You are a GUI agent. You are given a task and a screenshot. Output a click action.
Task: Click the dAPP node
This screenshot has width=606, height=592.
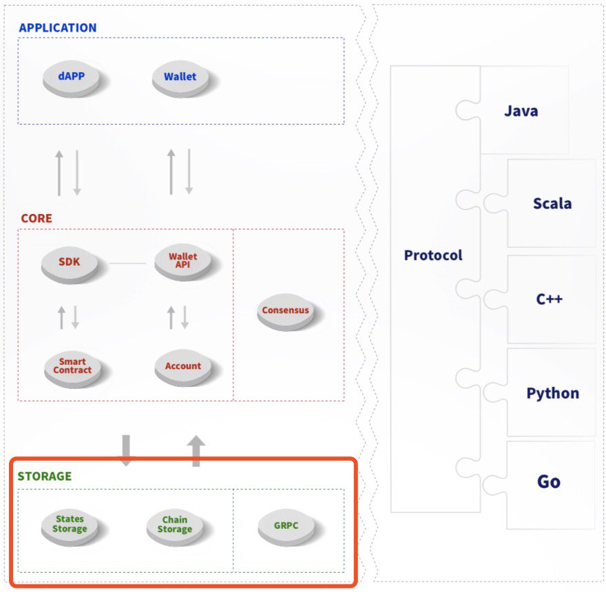point(72,76)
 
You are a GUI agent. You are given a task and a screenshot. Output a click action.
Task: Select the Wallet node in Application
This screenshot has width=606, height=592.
point(180,77)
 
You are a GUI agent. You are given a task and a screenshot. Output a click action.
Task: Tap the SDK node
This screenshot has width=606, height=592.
point(70,262)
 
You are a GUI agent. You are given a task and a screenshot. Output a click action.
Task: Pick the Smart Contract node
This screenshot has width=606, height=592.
point(72,366)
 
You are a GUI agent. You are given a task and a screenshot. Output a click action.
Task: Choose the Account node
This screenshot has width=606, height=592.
point(183,366)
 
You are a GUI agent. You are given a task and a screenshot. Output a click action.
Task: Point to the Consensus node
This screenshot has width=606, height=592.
point(285,310)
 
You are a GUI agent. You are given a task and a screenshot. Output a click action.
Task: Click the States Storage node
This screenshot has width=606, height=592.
point(70,525)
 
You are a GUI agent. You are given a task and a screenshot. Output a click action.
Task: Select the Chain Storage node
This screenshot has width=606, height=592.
point(174,525)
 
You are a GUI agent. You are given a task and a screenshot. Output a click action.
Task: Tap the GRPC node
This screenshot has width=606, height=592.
point(286,525)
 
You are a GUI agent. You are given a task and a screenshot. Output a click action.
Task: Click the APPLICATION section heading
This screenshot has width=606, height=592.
point(58,28)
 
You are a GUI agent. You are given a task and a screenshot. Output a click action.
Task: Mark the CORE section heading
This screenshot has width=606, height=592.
point(36,218)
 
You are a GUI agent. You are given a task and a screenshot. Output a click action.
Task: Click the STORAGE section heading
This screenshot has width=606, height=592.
point(45,476)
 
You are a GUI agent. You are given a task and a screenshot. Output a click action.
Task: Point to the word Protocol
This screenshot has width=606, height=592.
point(433,255)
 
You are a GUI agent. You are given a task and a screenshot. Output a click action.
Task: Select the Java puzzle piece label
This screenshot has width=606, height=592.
point(521,111)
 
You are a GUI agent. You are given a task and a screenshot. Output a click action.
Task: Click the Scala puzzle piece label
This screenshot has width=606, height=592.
point(552,204)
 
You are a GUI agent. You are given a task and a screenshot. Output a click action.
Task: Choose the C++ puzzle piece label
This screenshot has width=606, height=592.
point(550,299)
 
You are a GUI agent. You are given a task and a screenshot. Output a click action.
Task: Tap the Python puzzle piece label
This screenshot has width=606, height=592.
point(553,394)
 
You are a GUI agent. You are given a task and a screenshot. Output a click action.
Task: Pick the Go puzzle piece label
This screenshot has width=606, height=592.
point(549,481)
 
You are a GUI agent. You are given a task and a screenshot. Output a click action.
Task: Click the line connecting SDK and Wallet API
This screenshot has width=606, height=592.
point(127,263)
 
